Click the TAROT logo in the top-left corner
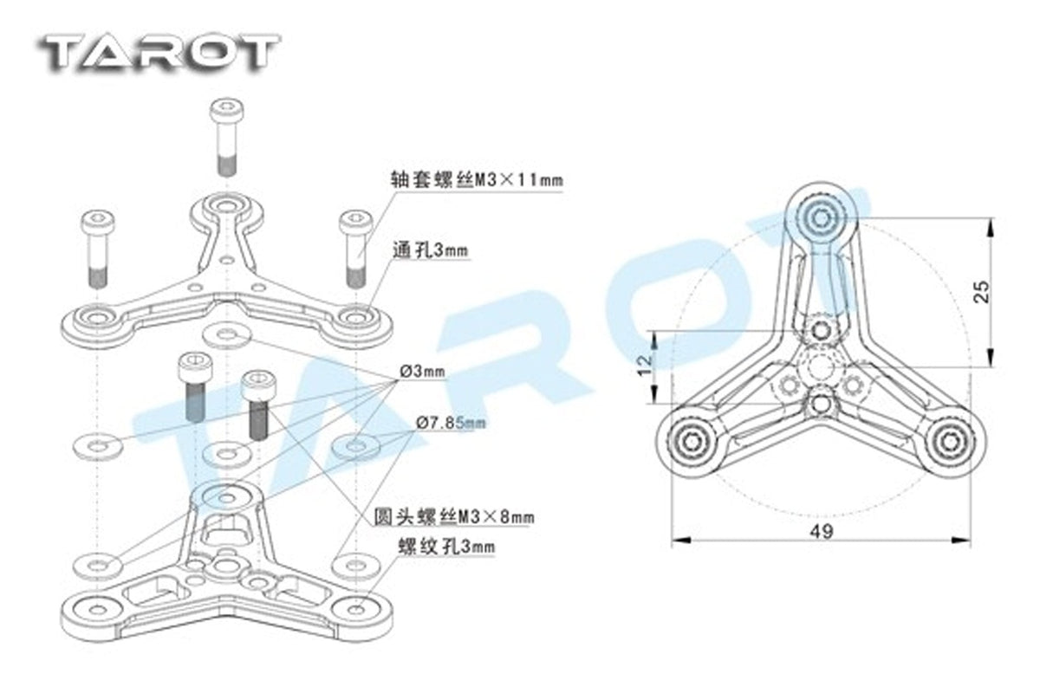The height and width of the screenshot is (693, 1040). (x=159, y=54)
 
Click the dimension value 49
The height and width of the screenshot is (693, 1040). (x=822, y=532)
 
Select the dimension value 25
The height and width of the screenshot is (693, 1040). (x=981, y=293)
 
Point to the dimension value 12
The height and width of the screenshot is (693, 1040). (x=646, y=366)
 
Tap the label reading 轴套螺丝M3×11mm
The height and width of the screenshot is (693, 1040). (x=477, y=179)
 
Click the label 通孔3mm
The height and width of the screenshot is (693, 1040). (x=431, y=250)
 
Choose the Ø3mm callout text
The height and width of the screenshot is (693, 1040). (x=423, y=372)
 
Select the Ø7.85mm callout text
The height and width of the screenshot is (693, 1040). (x=451, y=423)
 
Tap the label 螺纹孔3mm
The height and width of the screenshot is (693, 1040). (x=446, y=547)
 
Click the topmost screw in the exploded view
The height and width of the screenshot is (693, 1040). (x=227, y=137)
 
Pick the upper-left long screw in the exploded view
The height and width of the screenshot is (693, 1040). (x=97, y=249)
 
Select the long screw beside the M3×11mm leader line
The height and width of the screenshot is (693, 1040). (x=355, y=249)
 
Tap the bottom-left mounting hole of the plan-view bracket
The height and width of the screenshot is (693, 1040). (x=692, y=442)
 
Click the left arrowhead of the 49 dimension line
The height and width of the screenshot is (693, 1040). (x=680, y=540)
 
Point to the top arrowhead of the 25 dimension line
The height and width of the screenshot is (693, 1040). (x=991, y=228)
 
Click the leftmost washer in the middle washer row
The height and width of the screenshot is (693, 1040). (x=98, y=446)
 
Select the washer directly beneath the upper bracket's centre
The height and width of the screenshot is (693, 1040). (x=227, y=335)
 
